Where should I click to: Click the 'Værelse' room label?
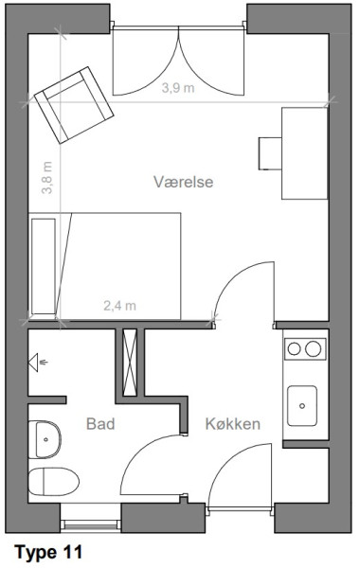[x=183, y=182]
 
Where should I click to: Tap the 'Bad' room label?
[x=100, y=423]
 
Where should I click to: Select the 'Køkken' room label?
[x=233, y=423]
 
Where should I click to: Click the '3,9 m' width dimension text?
[x=178, y=88]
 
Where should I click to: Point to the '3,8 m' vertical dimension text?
[x=47, y=178]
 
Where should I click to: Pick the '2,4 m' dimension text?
[x=119, y=306]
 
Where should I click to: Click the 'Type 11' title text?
[x=48, y=553]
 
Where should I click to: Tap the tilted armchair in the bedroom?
[x=74, y=105]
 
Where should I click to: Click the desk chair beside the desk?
[x=270, y=153]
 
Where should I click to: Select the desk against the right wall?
[x=305, y=153]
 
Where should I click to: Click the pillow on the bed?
[x=44, y=266]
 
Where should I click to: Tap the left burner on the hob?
[x=294, y=348]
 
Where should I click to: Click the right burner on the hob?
[x=313, y=348]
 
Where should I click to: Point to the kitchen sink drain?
[x=302, y=406]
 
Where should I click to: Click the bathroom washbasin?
[x=45, y=439]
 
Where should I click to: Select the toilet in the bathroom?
[x=54, y=482]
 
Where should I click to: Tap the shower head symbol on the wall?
[x=36, y=363]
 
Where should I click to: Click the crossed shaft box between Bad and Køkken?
[x=130, y=363]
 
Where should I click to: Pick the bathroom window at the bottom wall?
[x=91, y=524]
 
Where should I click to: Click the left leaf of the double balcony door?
[x=146, y=61]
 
